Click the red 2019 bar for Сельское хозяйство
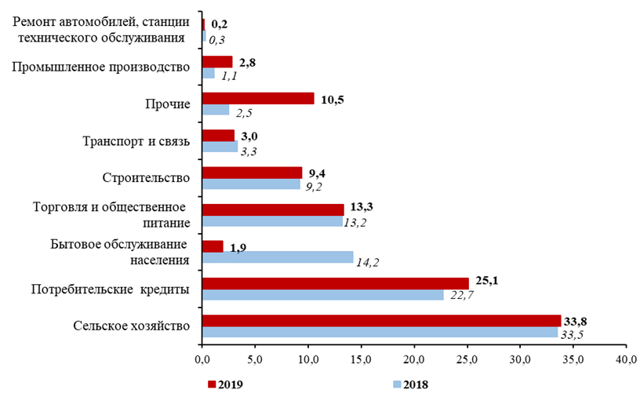381,320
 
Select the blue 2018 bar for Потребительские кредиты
322,295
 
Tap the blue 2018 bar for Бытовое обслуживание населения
278,257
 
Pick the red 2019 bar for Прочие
258,98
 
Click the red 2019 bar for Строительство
252,173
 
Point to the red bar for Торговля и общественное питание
273,209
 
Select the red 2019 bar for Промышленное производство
217,61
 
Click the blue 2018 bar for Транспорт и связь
220,147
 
